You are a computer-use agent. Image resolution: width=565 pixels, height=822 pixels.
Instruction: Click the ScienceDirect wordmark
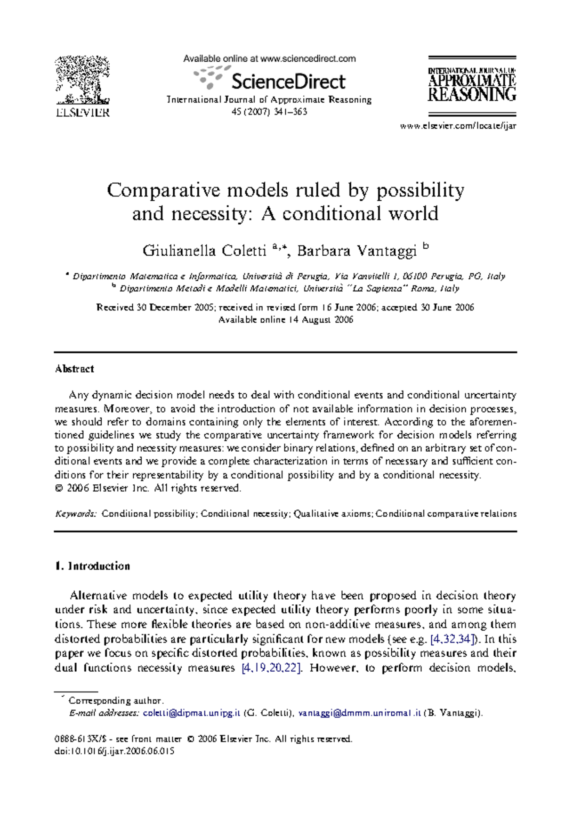tap(288, 81)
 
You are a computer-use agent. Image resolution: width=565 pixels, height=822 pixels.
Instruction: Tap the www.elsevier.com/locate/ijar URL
tap(458, 126)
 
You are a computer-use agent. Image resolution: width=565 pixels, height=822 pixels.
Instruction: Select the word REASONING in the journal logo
tap(472, 95)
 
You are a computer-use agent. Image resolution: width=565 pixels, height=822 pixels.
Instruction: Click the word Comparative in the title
tap(163, 190)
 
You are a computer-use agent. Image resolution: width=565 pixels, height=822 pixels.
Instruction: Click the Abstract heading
tap(74, 369)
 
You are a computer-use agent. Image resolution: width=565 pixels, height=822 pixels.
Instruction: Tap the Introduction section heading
tap(98, 566)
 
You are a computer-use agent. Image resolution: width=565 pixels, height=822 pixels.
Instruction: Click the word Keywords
tap(75, 513)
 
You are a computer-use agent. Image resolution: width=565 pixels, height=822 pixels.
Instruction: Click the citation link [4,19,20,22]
tap(271, 667)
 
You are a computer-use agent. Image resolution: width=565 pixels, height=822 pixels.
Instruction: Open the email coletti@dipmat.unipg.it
tap(192, 713)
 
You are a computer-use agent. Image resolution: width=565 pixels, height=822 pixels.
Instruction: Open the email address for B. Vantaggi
tap(359, 713)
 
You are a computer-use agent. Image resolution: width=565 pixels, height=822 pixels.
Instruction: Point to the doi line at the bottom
tap(114, 751)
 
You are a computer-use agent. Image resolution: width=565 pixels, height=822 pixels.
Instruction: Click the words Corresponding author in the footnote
tap(116, 700)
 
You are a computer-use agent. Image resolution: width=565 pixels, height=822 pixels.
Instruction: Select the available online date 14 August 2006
tap(320, 320)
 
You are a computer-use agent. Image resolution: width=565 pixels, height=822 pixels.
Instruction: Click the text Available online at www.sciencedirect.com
tap(269, 59)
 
